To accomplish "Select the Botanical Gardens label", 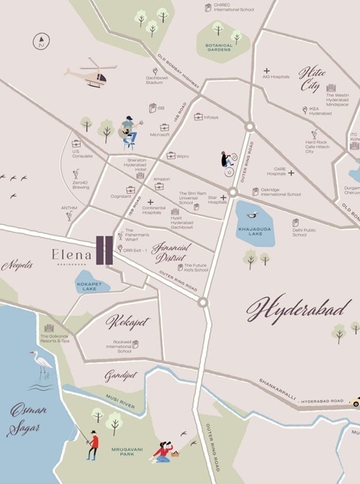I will click(x=219, y=48).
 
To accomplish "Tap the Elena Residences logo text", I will click(x=71, y=255).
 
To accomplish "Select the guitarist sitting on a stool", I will click(x=129, y=132).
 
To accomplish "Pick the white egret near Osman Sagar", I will click(x=43, y=364).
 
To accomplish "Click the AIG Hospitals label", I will click(x=276, y=77).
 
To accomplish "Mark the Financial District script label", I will click(x=168, y=252).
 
